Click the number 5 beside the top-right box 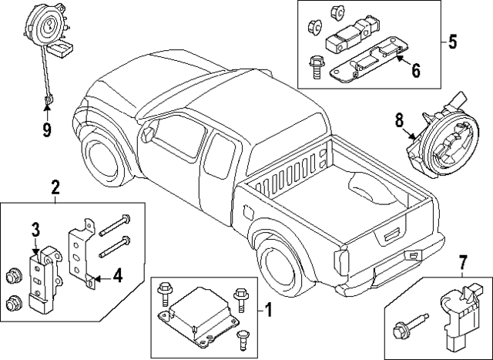453,39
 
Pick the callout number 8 399,119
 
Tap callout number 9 46,129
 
